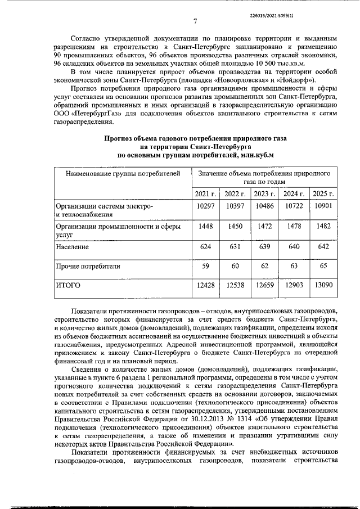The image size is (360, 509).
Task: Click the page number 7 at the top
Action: click(x=194, y=22)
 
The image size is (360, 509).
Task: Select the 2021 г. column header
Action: click(x=205, y=194)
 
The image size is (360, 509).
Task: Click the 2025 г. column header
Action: click(x=323, y=194)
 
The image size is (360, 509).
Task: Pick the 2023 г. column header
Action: click(x=264, y=194)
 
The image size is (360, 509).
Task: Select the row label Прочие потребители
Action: click(x=83, y=265)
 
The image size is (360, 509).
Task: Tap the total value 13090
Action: click(x=323, y=285)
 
